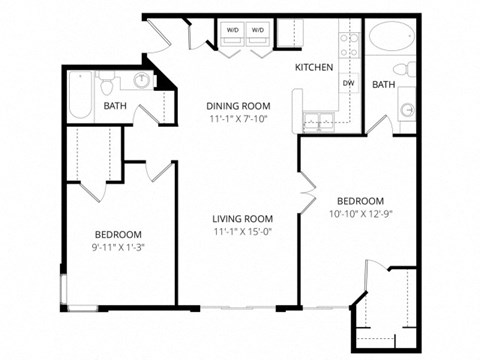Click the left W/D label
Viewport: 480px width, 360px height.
tap(232, 31)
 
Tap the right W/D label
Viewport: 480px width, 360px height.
tap(258, 31)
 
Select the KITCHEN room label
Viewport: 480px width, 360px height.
tap(313, 67)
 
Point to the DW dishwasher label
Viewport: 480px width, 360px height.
tap(348, 84)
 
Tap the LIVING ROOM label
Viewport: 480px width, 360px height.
tap(242, 219)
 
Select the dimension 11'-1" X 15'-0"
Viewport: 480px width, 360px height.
tap(242, 233)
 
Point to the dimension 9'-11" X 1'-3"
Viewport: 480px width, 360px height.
tap(118, 247)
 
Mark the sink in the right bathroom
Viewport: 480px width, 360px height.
tap(406, 109)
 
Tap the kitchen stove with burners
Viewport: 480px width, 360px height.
tap(349, 43)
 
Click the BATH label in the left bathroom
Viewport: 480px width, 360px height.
tap(115, 105)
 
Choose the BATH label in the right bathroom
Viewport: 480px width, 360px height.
tap(384, 85)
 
